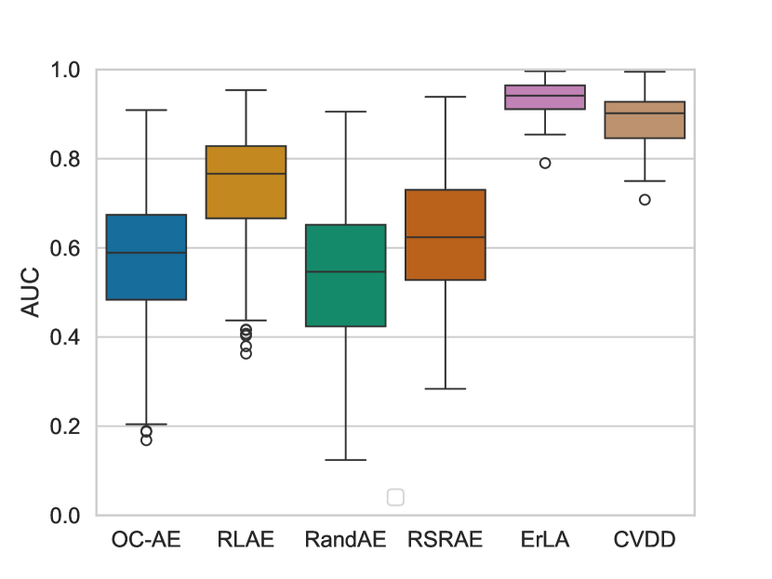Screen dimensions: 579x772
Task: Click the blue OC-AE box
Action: coord(147,257)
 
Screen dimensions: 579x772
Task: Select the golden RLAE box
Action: coord(246,182)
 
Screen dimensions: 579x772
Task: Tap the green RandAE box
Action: coord(345,275)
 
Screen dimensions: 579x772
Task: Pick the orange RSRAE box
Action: coord(445,234)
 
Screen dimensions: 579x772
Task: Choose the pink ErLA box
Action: coord(545,97)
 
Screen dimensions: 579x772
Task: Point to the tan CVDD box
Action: coord(645,120)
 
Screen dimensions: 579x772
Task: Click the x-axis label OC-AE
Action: coord(146,539)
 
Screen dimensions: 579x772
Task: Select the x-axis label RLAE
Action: coord(246,539)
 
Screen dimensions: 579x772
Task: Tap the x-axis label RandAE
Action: coord(345,539)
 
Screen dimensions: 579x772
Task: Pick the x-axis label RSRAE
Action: coord(445,539)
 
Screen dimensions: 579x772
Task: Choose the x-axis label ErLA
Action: coord(545,539)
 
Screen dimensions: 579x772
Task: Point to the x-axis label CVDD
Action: coord(645,539)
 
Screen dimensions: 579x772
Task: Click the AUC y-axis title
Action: coord(32,292)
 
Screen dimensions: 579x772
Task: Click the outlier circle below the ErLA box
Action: coord(545,163)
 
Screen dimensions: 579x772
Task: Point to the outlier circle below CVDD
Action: coord(645,200)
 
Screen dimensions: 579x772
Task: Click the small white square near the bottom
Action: coord(395,497)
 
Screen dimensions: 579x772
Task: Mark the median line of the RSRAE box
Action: coord(445,237)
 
